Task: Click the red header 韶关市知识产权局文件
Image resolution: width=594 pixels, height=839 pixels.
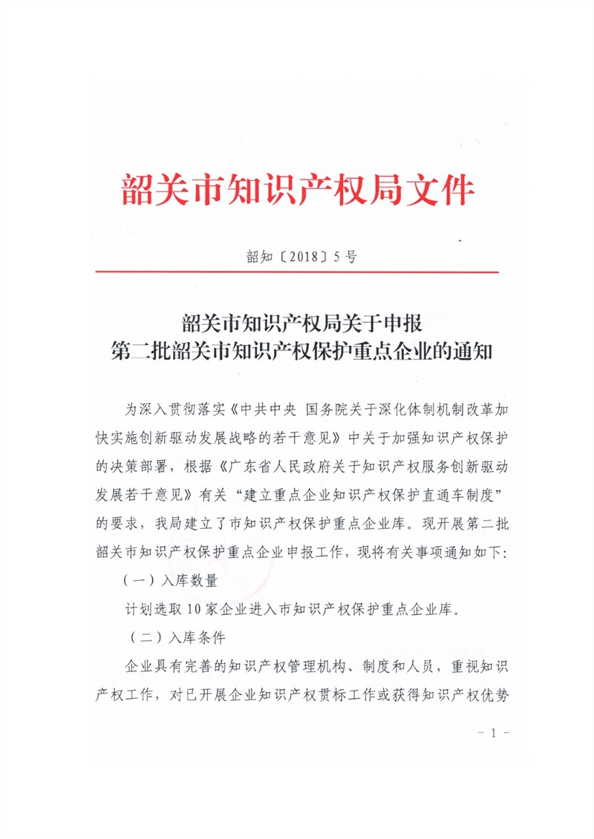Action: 297,191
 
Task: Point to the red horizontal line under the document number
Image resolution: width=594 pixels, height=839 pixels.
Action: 297,272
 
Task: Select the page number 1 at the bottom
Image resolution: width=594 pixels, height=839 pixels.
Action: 491,733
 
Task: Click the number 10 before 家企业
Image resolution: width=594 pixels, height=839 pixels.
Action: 195,611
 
